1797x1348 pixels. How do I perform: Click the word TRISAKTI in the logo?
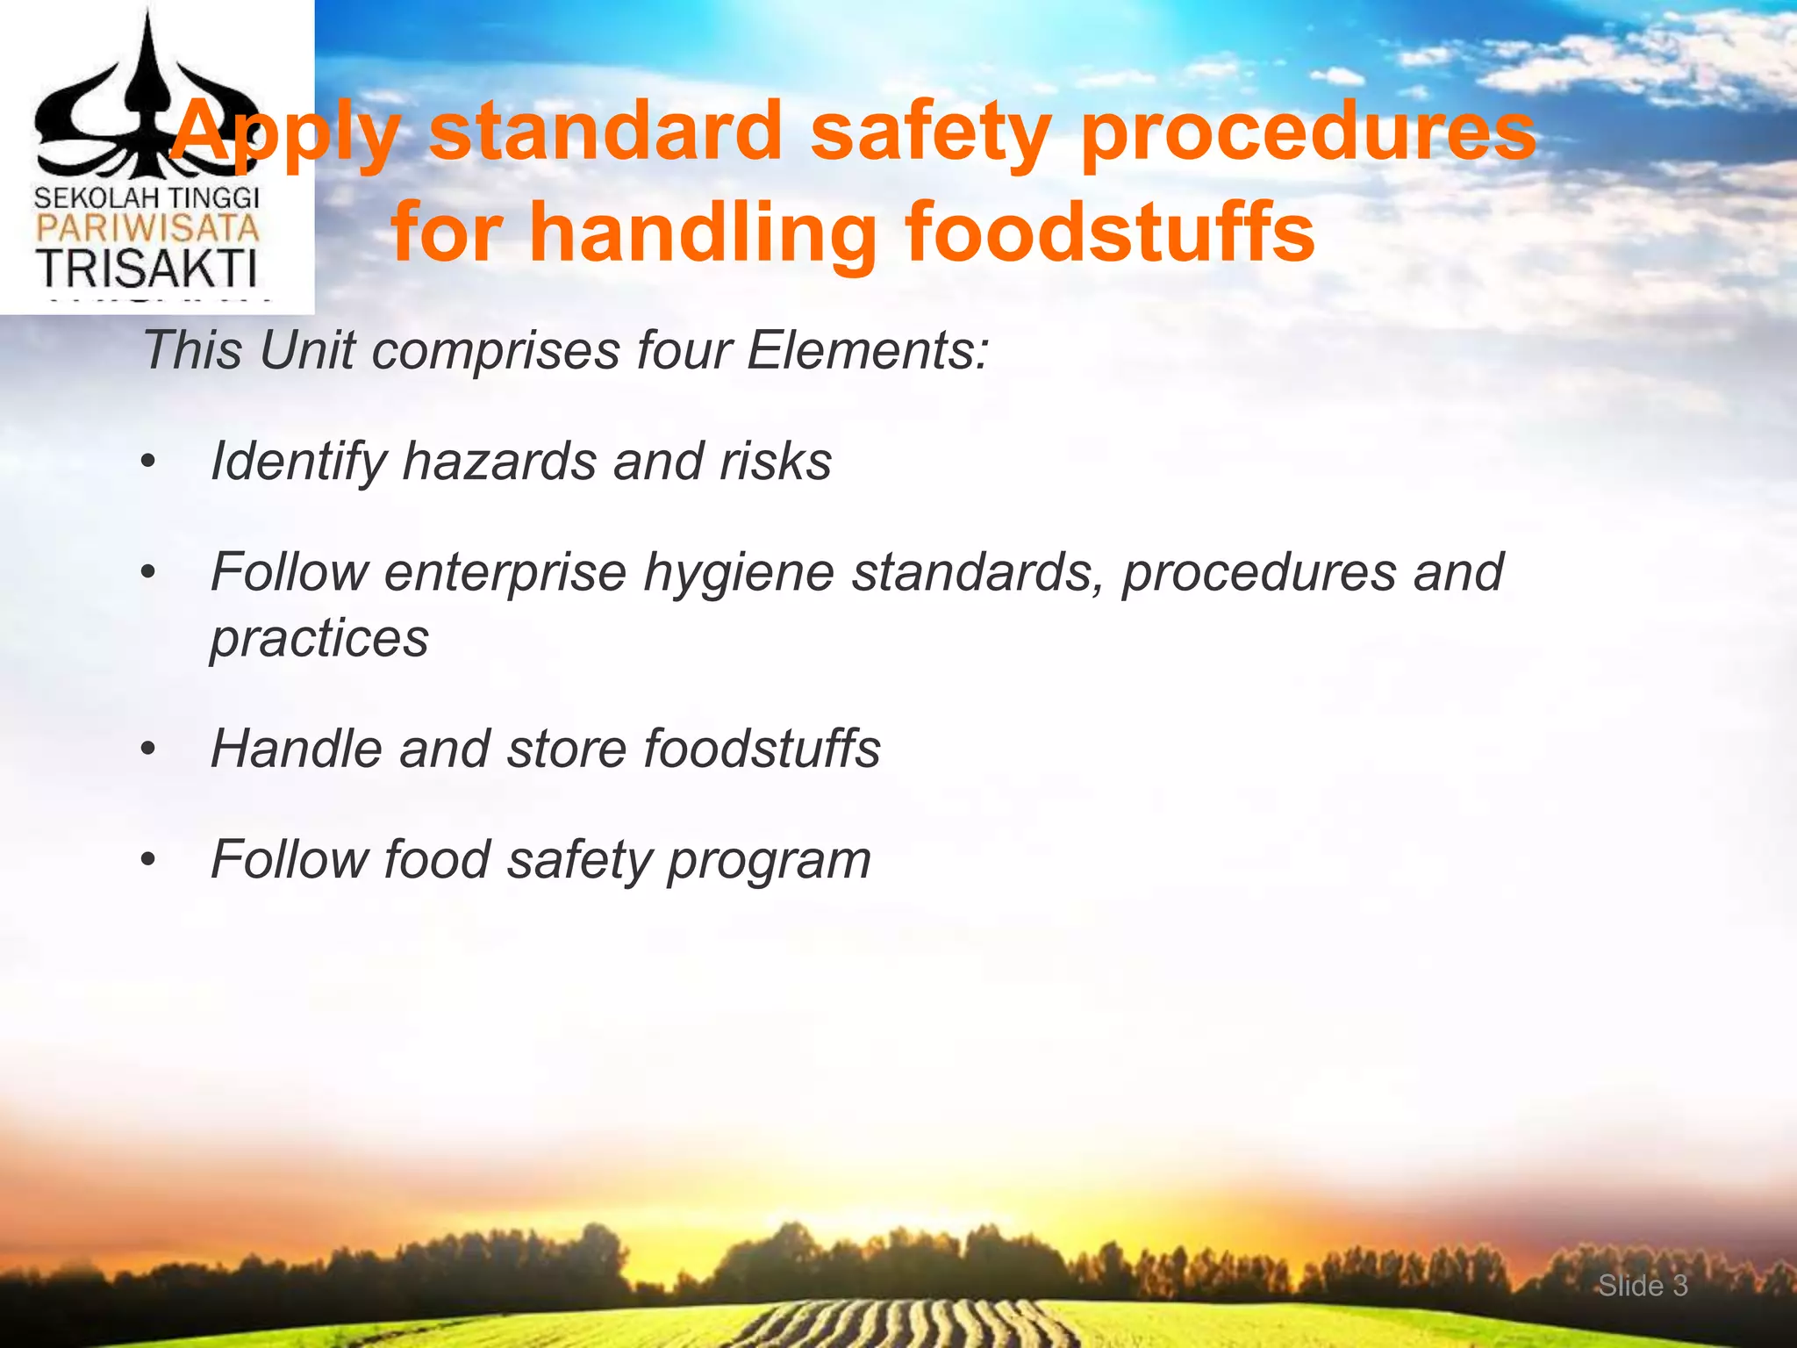147,269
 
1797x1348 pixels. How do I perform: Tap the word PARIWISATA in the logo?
147,230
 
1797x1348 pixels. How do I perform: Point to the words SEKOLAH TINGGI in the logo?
147,197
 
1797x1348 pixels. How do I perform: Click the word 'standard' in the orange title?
605,132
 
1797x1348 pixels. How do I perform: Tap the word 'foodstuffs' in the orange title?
1109,233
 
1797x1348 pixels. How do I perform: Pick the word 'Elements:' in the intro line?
867,350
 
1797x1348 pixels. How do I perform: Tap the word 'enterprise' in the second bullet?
505,573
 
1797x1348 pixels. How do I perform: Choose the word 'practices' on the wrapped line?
319,638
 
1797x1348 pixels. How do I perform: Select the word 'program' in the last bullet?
770,860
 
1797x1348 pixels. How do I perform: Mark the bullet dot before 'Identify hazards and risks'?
148,462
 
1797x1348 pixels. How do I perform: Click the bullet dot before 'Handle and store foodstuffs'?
148,749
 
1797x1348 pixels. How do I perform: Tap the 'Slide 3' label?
1643,1286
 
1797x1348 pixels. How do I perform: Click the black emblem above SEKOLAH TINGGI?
147,105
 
